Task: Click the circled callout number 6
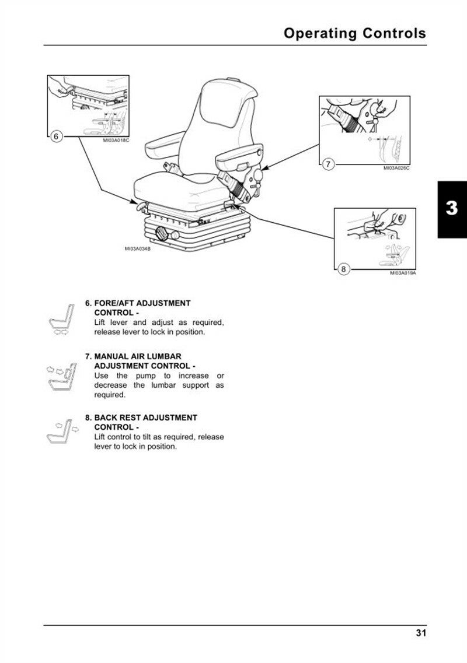(x=56, y=136)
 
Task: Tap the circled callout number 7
(x=328, y=164)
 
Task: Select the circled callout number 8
(x=343, y=269)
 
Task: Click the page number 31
(x=420, y=633)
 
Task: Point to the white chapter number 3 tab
(x=451, y=209)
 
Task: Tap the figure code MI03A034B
(x=138, y=249)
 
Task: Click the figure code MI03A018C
(x=116, y=140)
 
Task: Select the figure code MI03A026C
(x=396, y=168)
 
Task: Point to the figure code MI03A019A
(x=403, y=272)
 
